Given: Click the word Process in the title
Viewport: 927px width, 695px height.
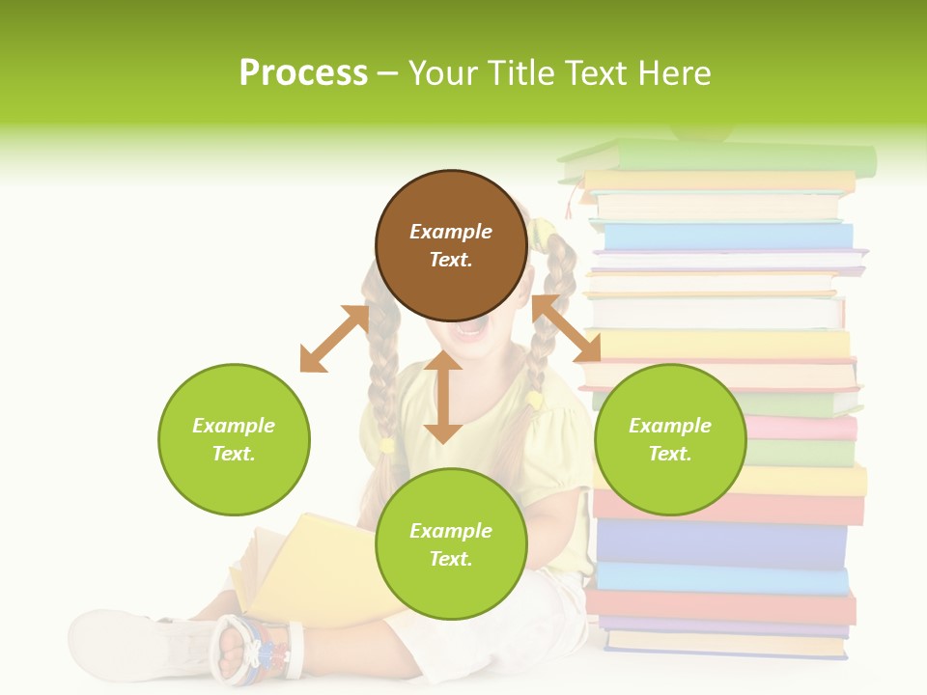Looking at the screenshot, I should coord(303,73).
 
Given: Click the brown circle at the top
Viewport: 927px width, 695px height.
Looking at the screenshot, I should coord(451,245).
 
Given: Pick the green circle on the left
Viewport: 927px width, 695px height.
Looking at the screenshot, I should coord(234,439).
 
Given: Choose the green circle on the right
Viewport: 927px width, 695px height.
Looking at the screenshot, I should coord(670,439).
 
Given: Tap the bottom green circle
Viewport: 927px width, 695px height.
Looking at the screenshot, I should coord(451,544).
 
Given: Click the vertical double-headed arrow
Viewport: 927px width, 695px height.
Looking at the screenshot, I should coord(443,397).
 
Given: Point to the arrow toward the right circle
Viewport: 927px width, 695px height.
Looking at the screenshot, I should coord(566,329).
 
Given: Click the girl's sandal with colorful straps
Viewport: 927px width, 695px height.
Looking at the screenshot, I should coord(256,644).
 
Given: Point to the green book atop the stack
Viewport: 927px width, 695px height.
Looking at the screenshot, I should coord(734,157).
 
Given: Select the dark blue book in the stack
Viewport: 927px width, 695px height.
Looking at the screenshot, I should coord(720,543).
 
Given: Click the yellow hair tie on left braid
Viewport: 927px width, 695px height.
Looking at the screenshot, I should coord(387,445).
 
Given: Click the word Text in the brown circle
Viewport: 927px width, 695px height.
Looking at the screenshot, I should coord(451,260).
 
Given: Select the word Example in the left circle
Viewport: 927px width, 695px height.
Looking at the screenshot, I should coord(234,426).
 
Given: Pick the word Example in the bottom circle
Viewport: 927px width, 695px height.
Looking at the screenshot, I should coord(451,531).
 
